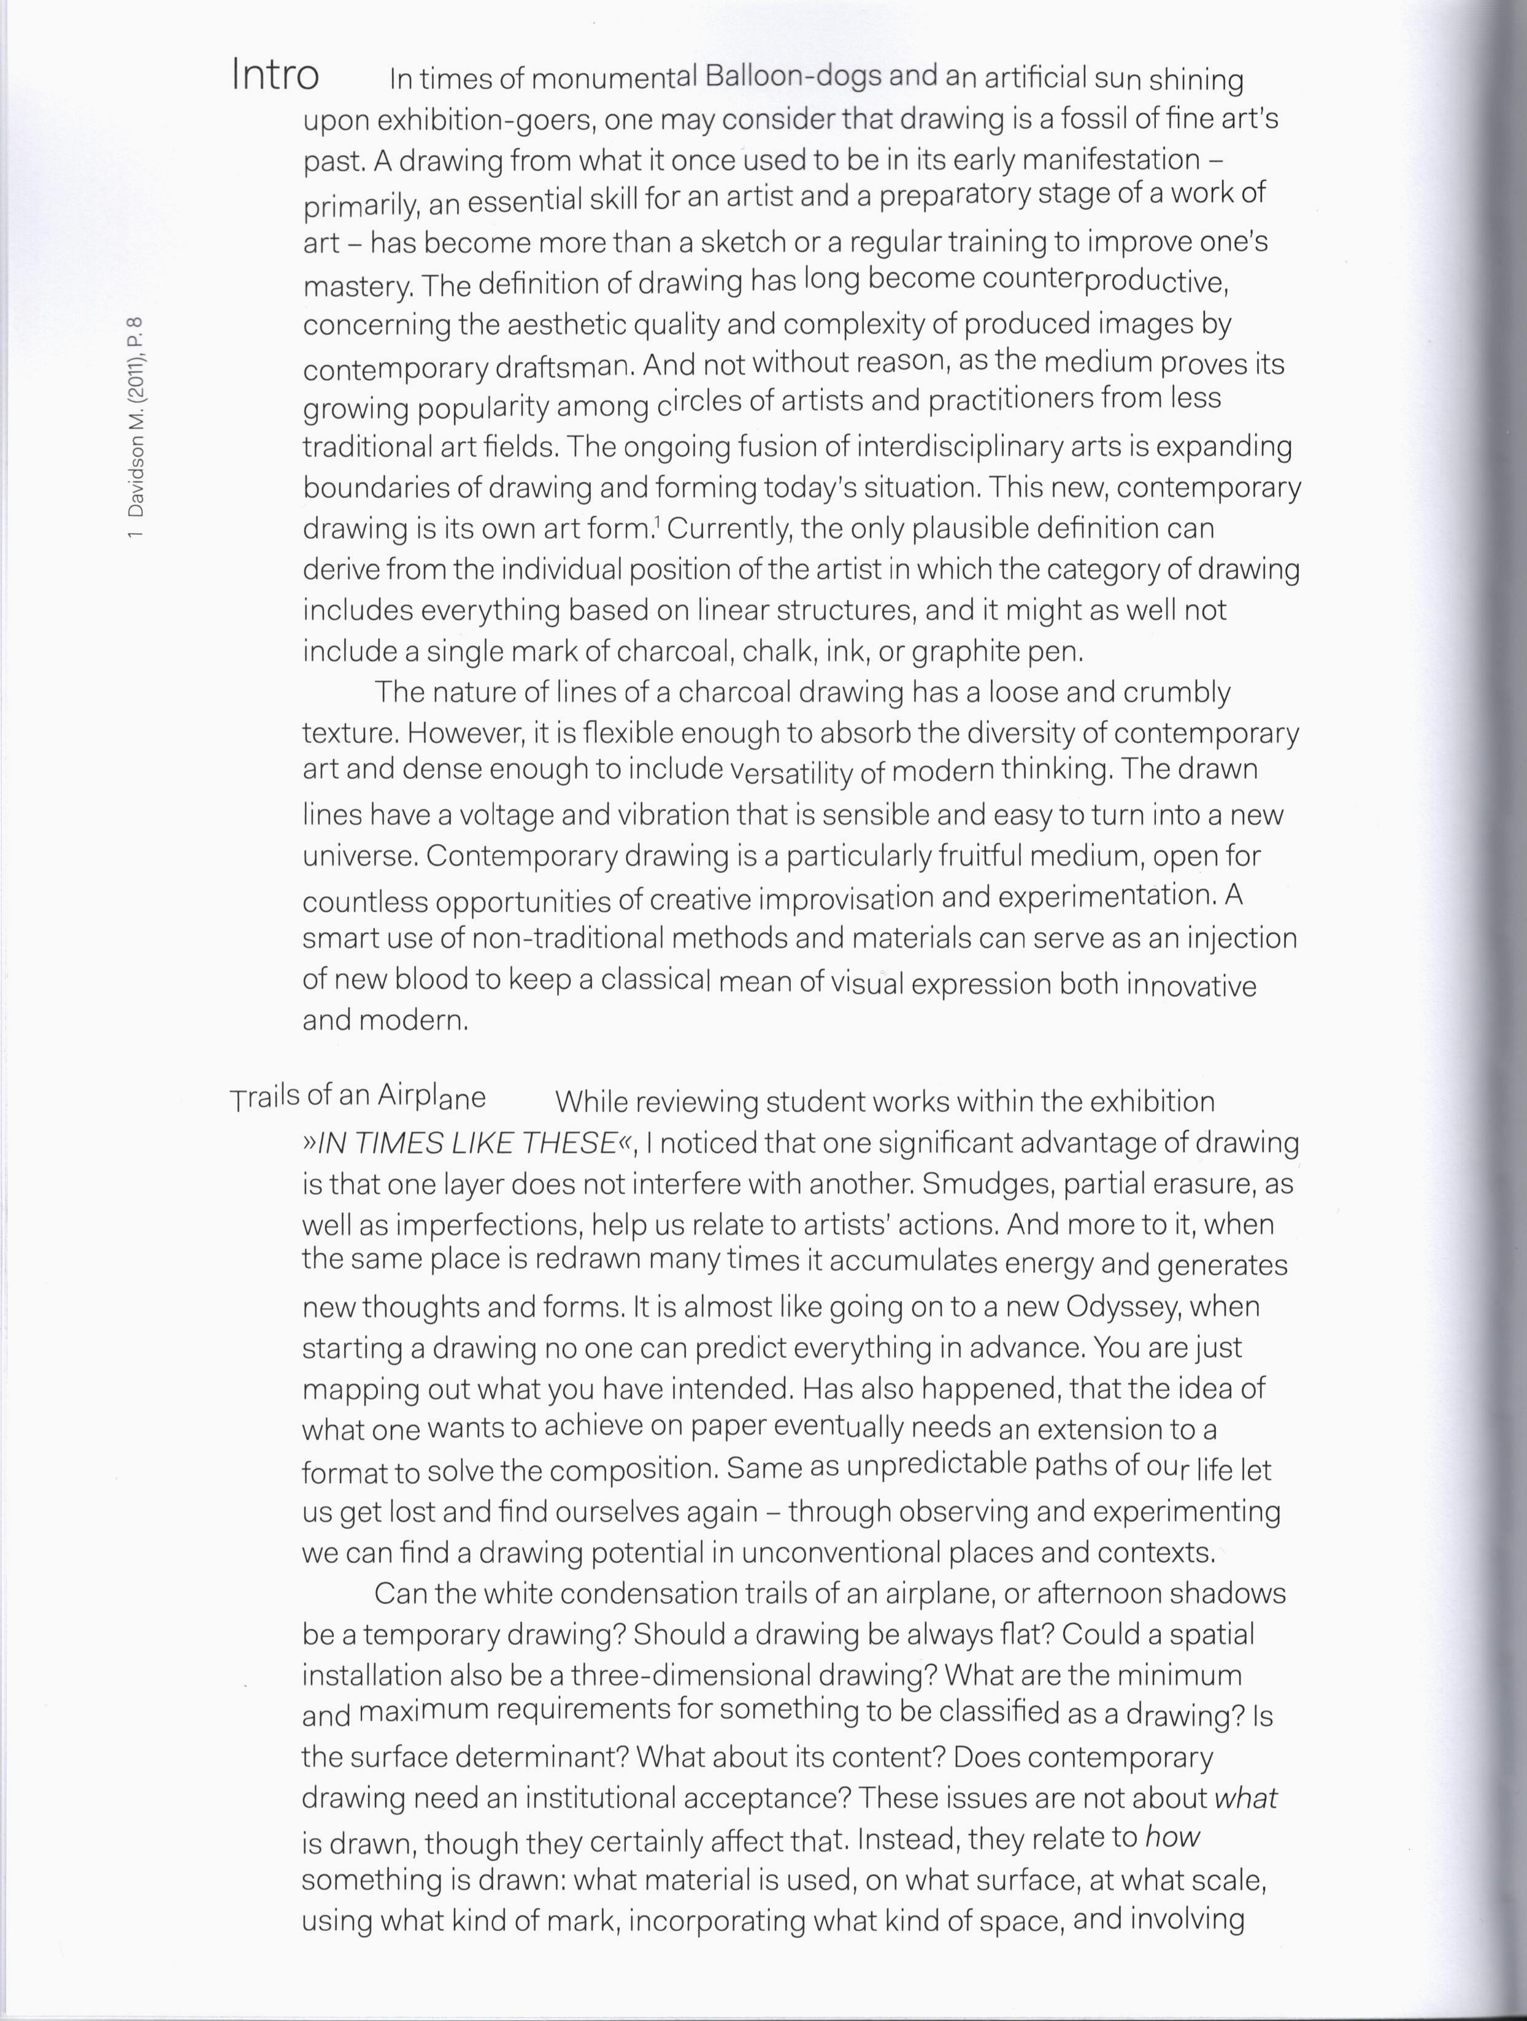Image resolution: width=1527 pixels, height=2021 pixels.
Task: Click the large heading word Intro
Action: coord(275,74)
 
